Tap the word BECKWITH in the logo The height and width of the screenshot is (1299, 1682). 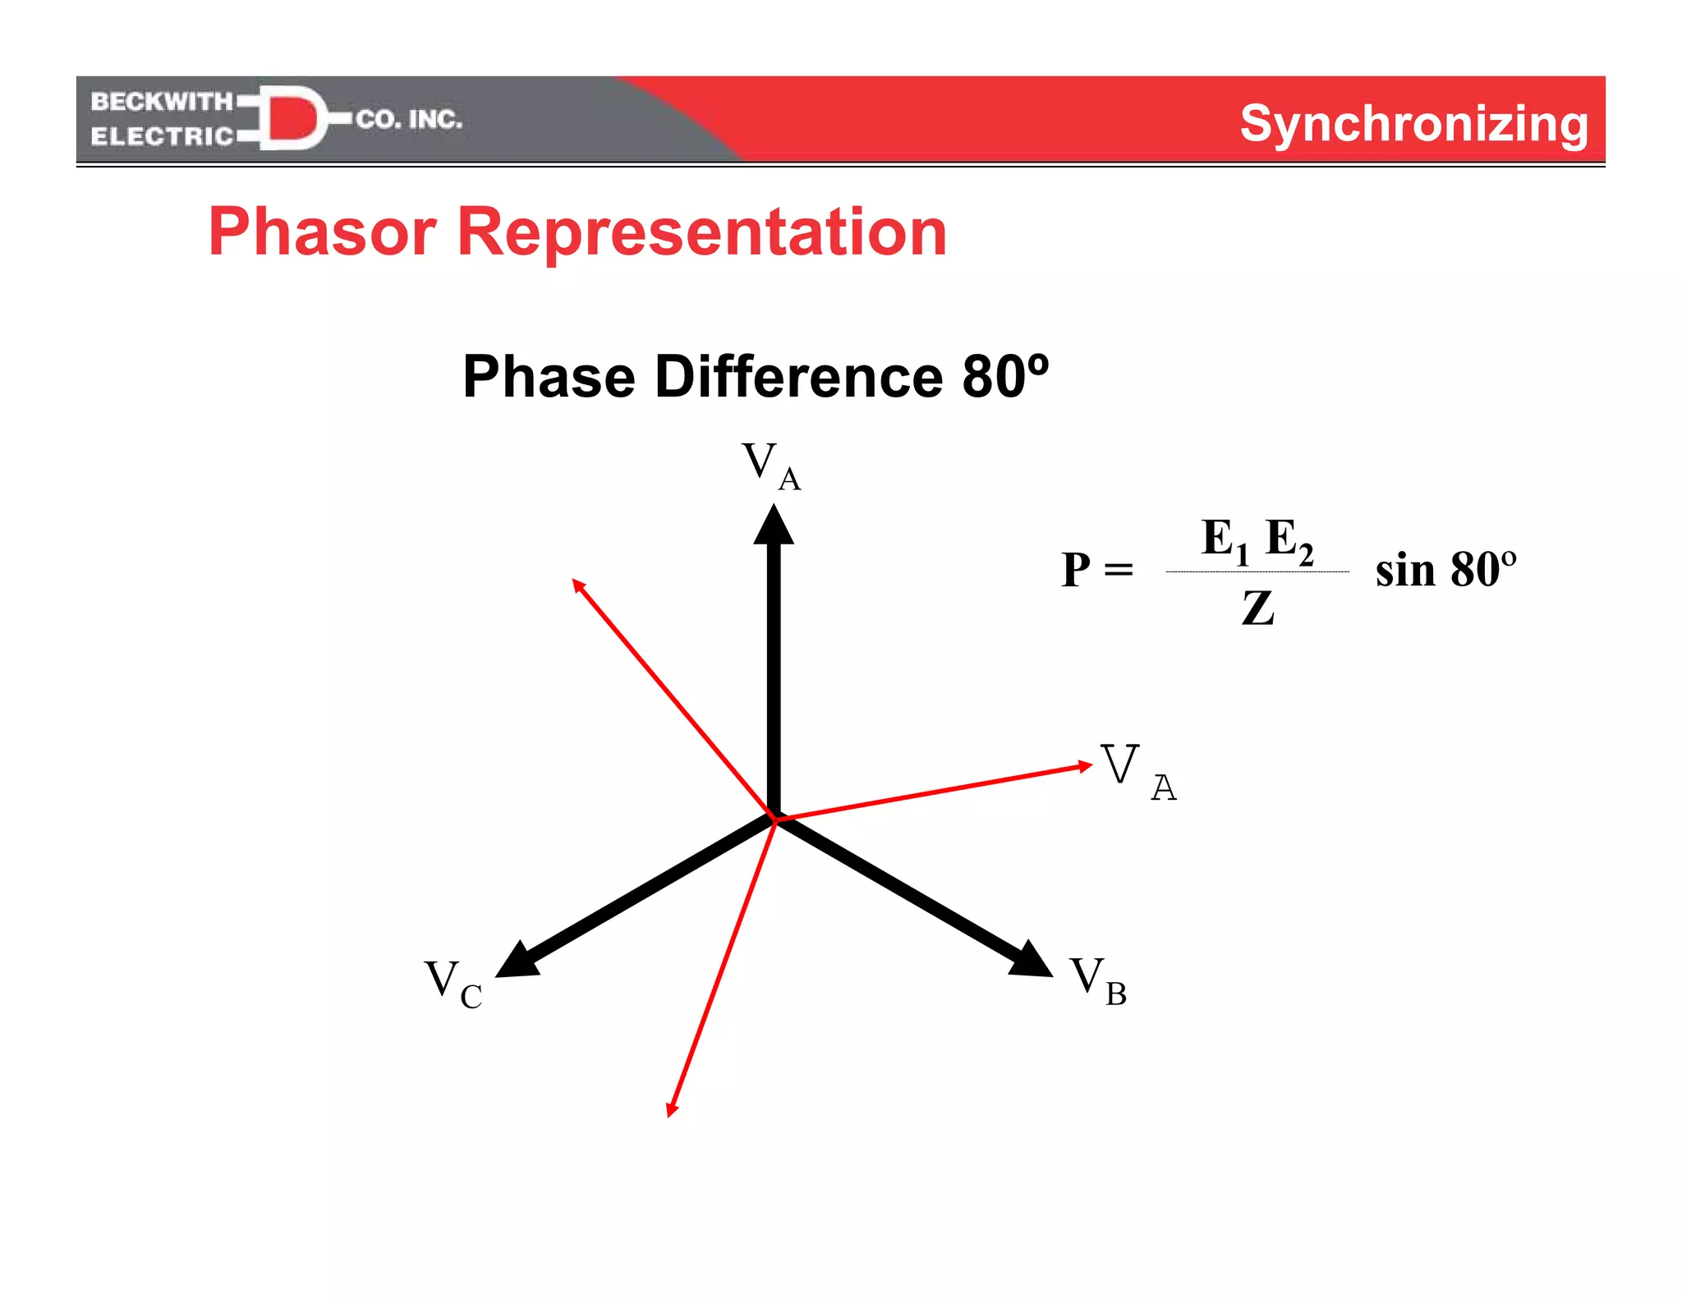162,101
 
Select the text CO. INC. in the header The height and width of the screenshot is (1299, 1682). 409,120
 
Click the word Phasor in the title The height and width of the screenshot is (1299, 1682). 322,232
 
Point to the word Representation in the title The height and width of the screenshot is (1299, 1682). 701,232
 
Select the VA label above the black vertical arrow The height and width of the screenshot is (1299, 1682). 770,466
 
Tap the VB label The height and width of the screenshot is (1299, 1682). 1097,980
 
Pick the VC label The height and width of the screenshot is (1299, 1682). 453,983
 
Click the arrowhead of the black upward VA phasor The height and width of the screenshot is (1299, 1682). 774,526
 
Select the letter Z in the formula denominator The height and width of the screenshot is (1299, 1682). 1257,608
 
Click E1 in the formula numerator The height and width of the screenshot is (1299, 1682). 1224,540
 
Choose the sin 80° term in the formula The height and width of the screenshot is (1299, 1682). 1445,569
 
